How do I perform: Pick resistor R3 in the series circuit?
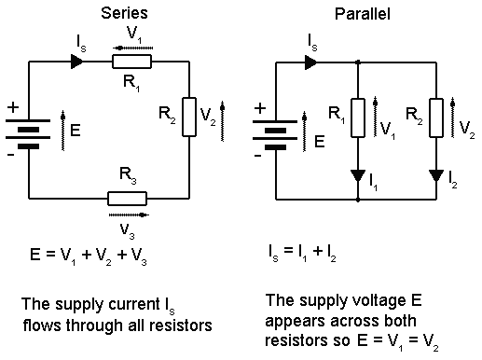(x=128, y=198)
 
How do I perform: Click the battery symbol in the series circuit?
(x=31, y=130)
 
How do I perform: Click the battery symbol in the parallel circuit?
(x=278, y=130)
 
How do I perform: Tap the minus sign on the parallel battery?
(x=258, y=154)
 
